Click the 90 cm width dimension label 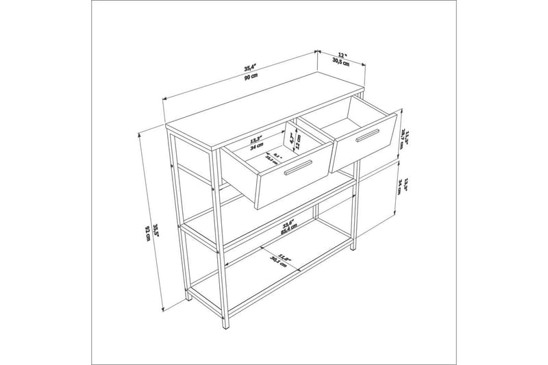click(x=251, y=75)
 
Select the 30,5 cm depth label click(x=341, y=62)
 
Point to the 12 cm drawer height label click(x=299, y=142)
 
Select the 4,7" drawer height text click(x=292, y=138)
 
